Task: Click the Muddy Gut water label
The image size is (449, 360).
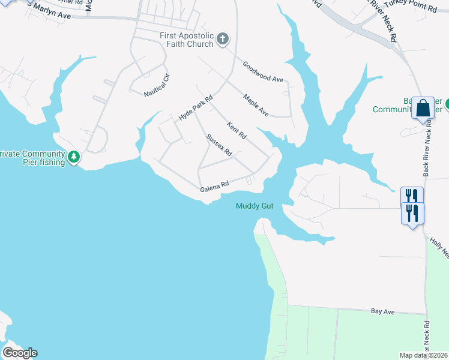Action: click(255, 206)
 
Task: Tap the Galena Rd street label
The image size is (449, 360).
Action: click(215, 187)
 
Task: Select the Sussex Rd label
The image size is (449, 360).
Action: click(219, 145)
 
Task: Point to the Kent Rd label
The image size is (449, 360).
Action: click(237, 130)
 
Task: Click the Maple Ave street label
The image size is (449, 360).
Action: click(256, 104)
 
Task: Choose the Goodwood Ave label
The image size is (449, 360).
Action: click(263, 71)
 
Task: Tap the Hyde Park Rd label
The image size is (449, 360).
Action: click(196, 108)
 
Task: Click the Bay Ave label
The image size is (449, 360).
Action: click(382, 312)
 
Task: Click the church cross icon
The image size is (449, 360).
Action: click(223, 40)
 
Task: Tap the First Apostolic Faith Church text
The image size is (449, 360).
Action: click(187, 40)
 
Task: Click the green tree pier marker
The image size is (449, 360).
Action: click(74, 157)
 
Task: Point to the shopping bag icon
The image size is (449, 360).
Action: click(423, 108)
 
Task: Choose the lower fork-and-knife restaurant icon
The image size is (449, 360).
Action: click(412, 212)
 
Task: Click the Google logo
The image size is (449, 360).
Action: click(20, 353)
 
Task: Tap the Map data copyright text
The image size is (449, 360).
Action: click(423, 355)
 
